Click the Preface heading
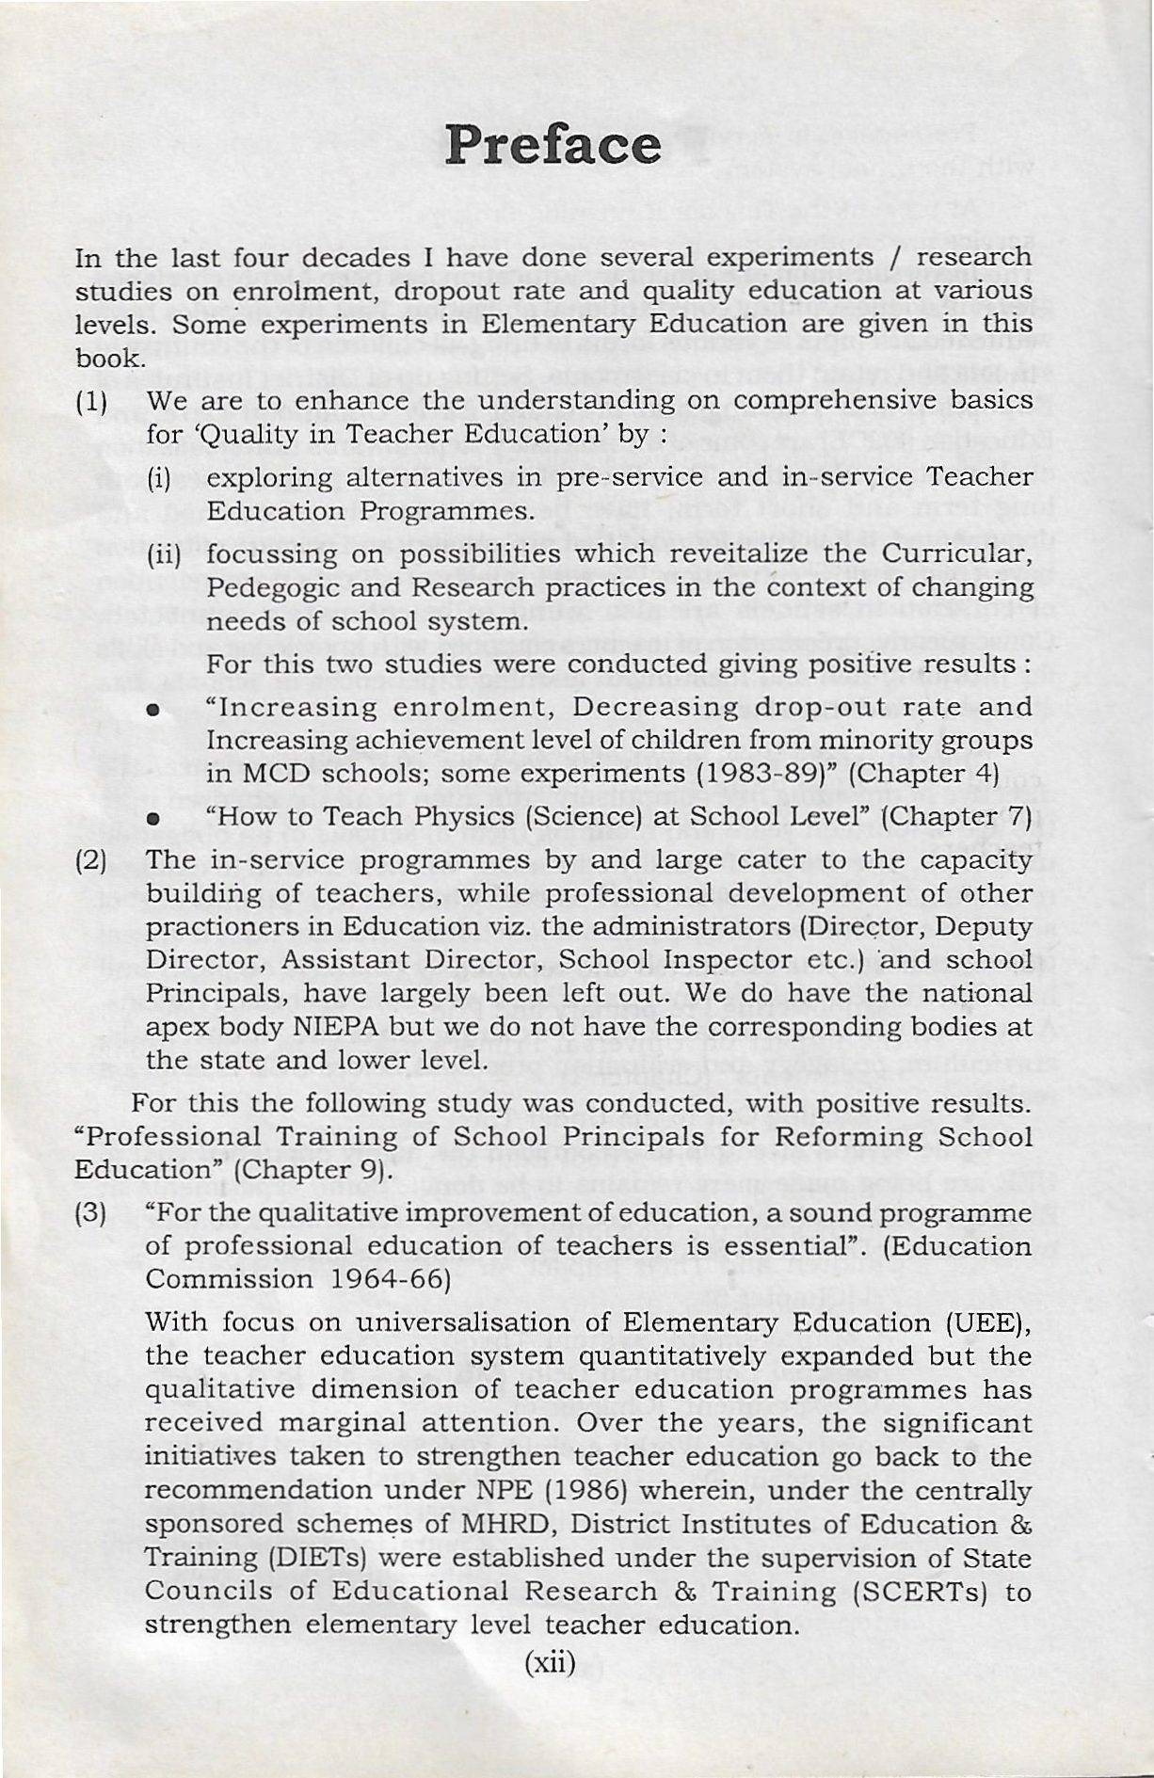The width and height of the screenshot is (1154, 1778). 553,146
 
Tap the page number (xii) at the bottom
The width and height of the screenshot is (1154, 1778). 549,1661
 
